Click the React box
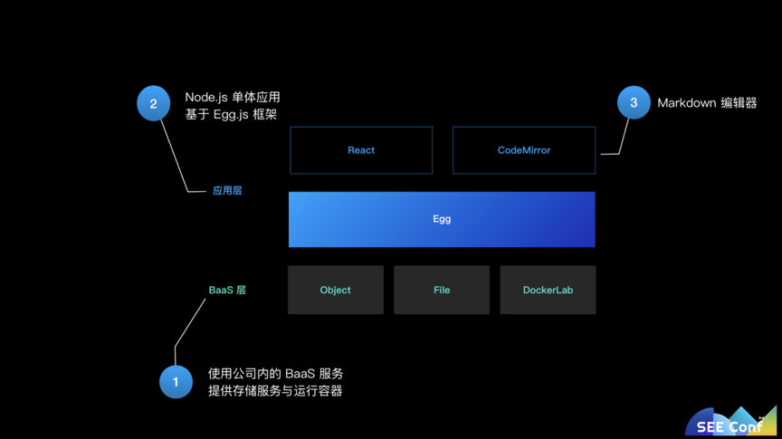point(361,150)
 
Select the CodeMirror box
point(524,150)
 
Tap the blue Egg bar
point(442,219)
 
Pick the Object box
point(335,290)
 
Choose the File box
point(442,290)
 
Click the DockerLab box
point(548,290)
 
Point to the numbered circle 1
point(176,382)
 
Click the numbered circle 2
point(153,104)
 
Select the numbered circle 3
point(634,103)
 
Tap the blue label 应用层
point(227,191)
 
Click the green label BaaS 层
point(227,291)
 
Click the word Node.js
point(205,97)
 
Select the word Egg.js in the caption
point(231,115)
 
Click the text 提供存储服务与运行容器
point(275,391)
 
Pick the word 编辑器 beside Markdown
point(739,103)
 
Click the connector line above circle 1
point(190,322)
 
